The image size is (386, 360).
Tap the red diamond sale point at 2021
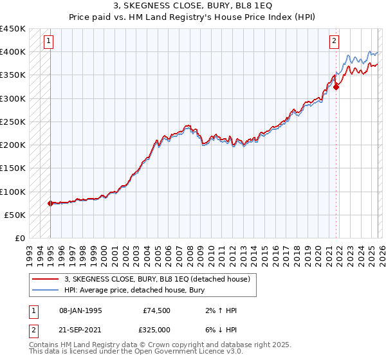click(336, 87)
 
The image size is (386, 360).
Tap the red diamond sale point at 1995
click(50, 203)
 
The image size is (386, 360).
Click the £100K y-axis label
click(13, 192)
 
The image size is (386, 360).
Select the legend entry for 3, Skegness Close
click(161, 279)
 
